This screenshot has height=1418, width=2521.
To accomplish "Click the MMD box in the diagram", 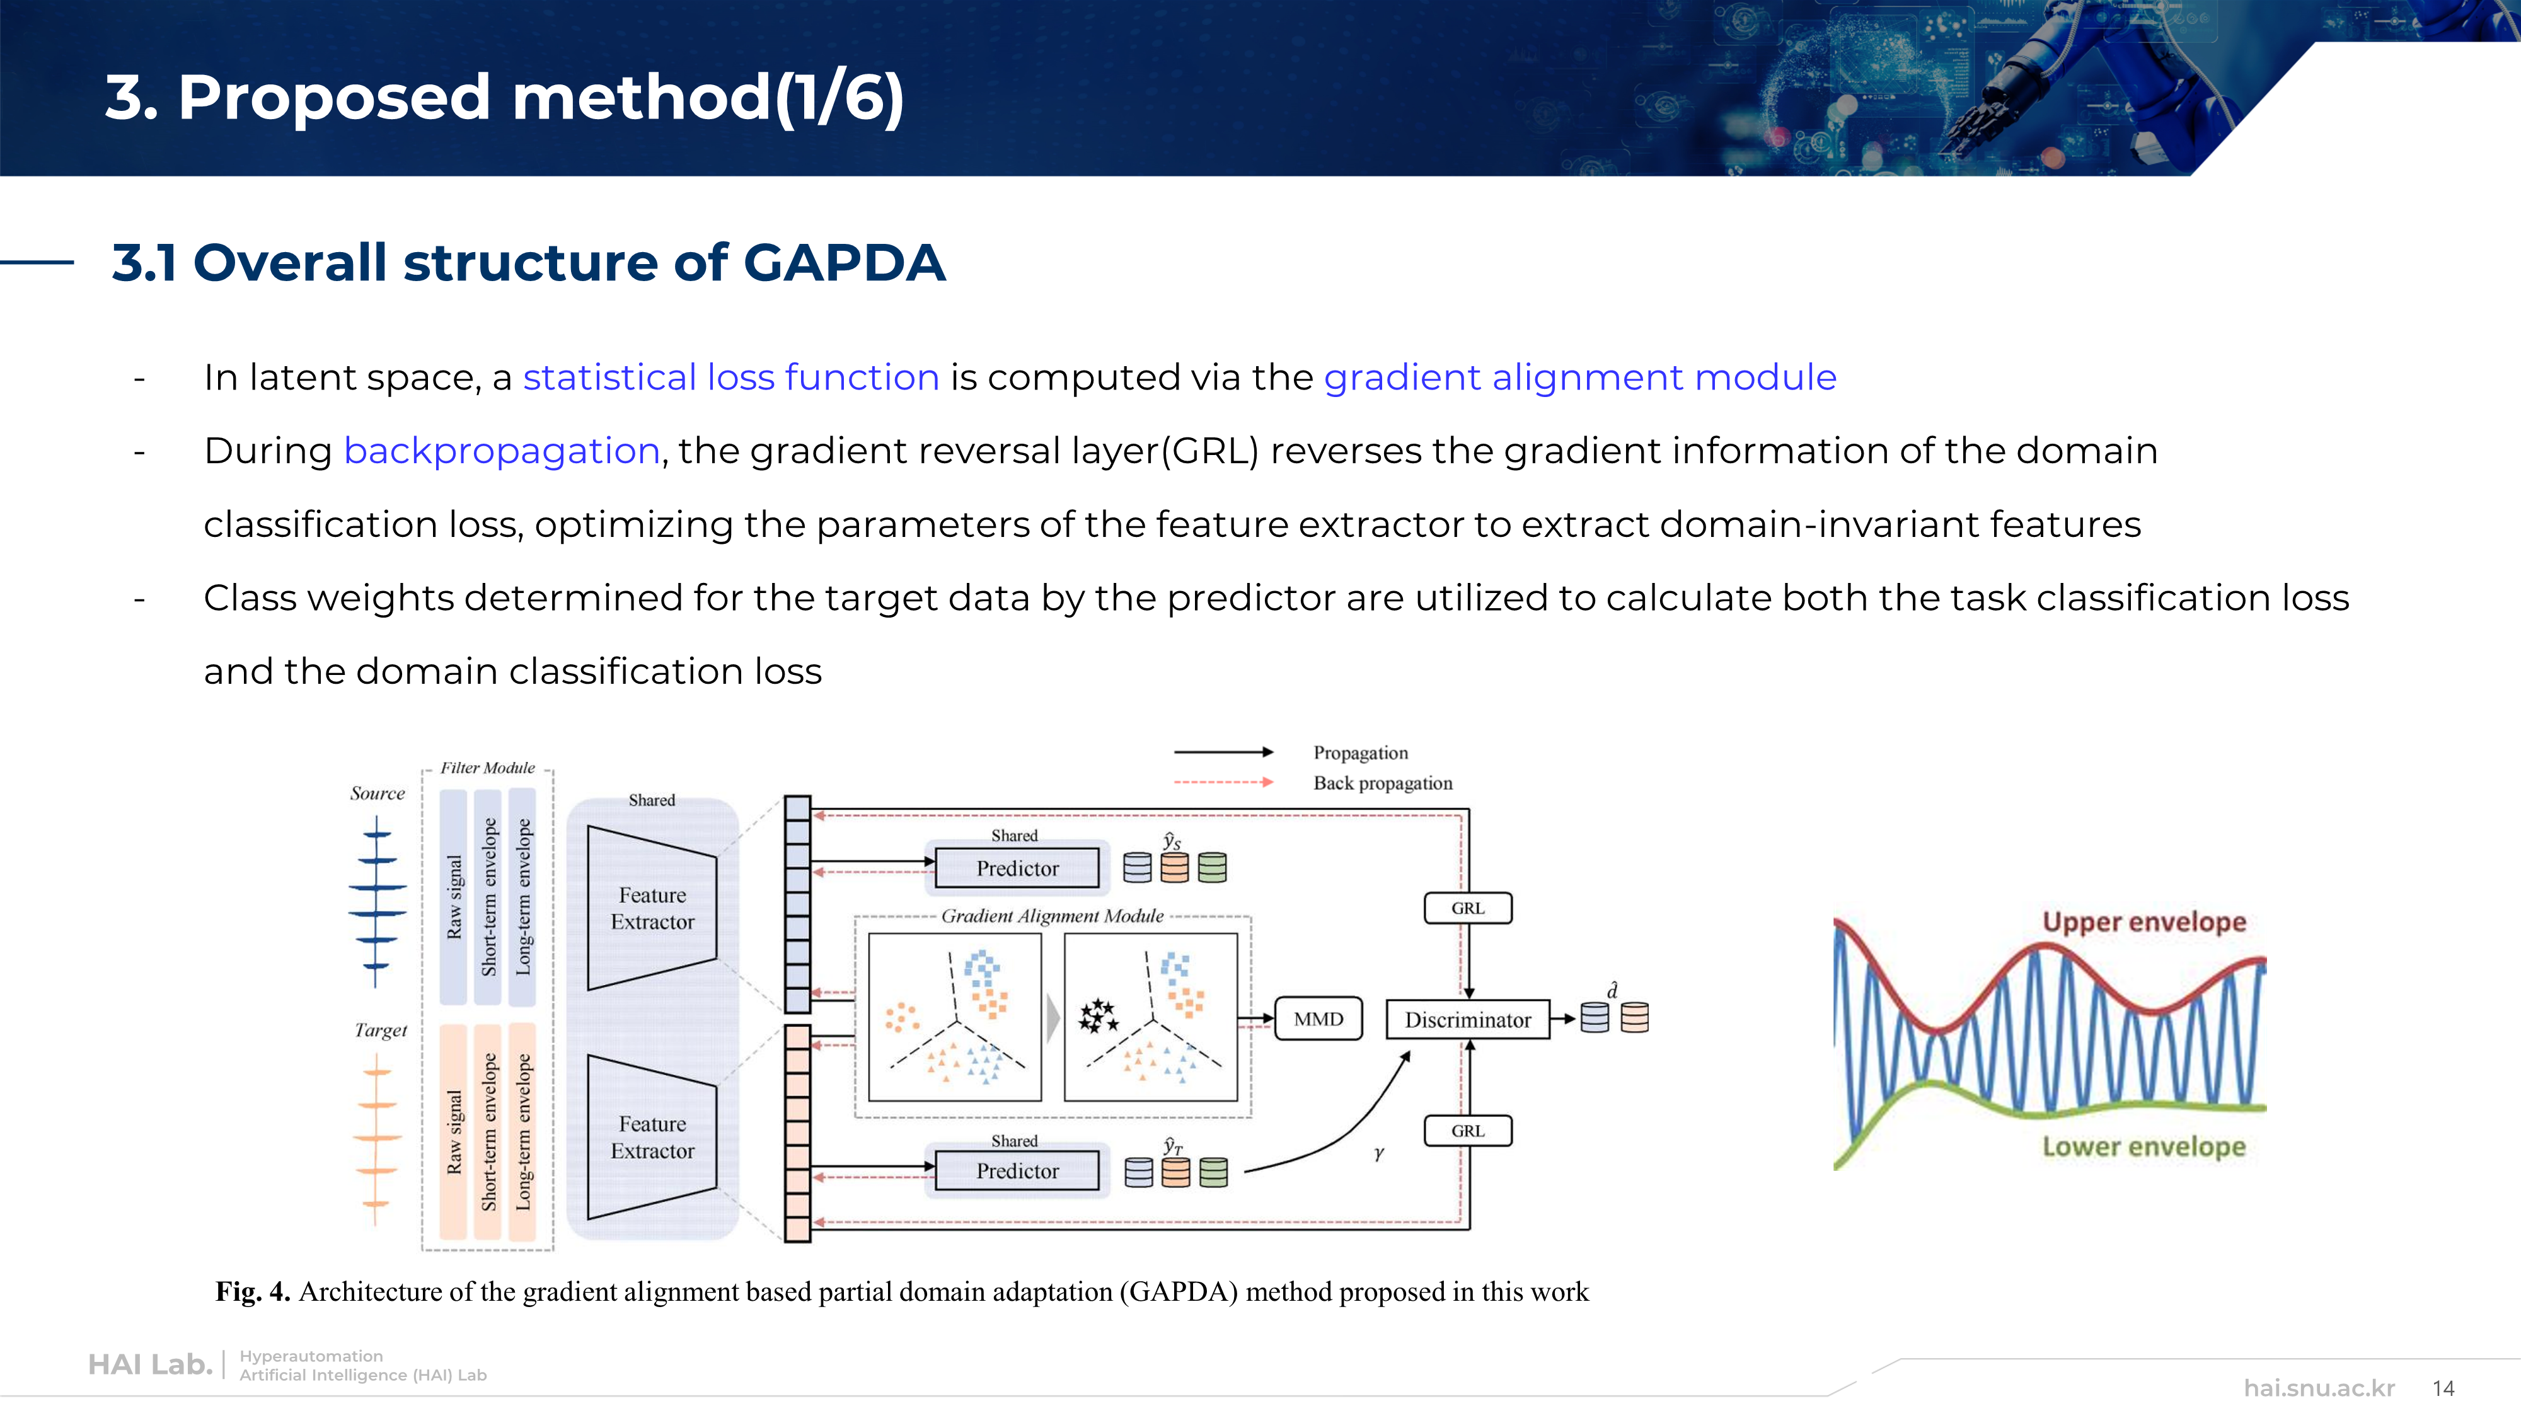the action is (x=1318, y=1018).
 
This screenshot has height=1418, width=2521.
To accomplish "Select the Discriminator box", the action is (x=1468, y=1020).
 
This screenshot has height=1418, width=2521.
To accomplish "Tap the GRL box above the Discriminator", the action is (x=1468, y=908).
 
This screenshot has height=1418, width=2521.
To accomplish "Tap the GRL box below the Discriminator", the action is (x=1468, y=1130).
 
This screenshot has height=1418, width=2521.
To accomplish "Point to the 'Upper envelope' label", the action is (x=2144, y=922).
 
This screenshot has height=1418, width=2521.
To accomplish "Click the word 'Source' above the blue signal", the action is (x=378, y=793).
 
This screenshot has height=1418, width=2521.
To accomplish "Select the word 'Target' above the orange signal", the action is (x=381, y=1030).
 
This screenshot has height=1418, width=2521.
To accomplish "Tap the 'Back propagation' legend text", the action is (x=1383, y=783).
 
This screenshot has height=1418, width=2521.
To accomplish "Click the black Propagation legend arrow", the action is (x=1223, y=752).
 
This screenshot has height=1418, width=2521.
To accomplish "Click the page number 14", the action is (x=2443, y=1388).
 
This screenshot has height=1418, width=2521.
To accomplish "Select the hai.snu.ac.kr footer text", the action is (x=2319, y=1388).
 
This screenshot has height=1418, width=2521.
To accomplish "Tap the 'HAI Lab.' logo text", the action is (x=151, y=1364).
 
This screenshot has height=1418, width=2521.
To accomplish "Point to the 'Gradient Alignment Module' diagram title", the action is (x=1052, y=916).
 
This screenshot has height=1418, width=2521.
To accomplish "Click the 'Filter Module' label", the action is (x=487, y=768).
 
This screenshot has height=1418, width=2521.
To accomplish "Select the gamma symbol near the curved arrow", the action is (x=1379, y=1154).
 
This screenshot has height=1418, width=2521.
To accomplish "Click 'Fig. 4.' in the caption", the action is (x=253, y=1292).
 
